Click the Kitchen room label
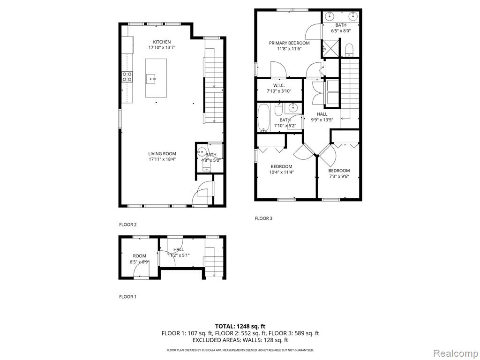click(162, 42)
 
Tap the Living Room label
click(162, 154)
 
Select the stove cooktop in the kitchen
click(127, 76)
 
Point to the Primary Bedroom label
click(289, 43)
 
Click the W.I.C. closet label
click(279, 85)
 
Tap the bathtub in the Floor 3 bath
click(263, 118)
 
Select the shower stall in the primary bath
click(330, 47)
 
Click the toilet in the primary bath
click(349, 50)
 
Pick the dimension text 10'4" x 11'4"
click(282, 172)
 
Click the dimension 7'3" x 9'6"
click(339, 176)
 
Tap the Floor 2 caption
click(127, 225)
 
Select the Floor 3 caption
click(263, 218)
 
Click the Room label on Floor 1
click(140, 256)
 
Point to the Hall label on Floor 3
click(322, 114)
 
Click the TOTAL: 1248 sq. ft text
click(240, 326)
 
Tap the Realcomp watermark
click(456, 353)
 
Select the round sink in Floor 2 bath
click(202, 151)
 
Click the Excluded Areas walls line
click(240, 340)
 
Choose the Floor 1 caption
click(127, 297)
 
